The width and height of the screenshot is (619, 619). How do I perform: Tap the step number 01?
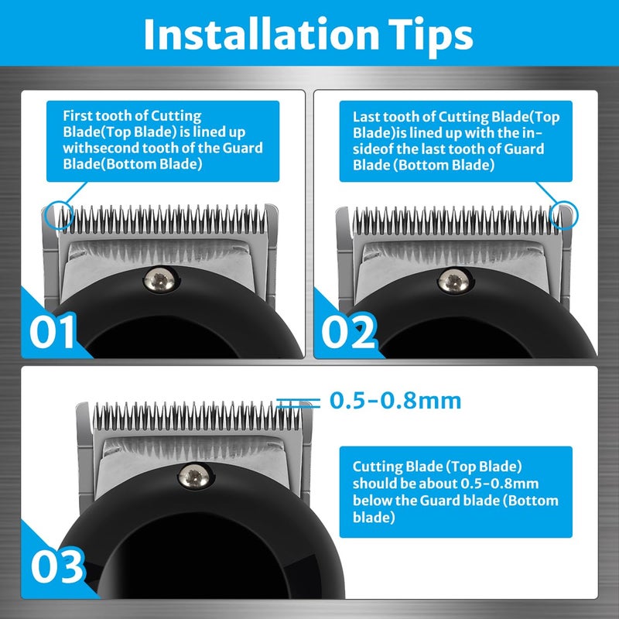click(x=53, y=330)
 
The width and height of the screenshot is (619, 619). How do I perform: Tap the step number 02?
click(x=347, y=330)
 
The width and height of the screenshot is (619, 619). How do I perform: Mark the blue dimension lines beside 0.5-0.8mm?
click(x=298, y=402)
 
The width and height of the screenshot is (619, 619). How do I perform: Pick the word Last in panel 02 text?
click(x=367, y=116)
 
